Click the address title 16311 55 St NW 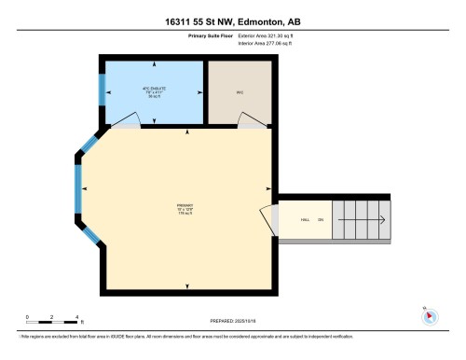point(232,21)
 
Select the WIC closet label point(239,91)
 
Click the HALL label point(305,221)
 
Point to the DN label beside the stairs point(321,221)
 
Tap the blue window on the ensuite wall point(103,89)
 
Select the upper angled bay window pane point(89,145)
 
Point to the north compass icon point(430,315)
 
